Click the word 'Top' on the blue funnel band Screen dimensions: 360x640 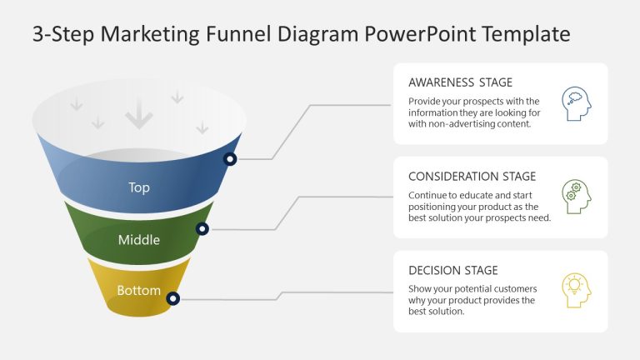click(139, 187)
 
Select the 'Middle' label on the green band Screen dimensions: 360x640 click(139, 240)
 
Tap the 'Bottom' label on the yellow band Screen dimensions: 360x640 click(139, 291)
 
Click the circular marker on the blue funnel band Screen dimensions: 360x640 click(230, 158)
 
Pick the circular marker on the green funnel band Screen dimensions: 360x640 click(202, 228)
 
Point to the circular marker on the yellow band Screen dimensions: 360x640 click(172, 297)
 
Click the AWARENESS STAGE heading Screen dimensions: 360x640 click(460, 82)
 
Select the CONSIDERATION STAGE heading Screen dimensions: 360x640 click(472, 177)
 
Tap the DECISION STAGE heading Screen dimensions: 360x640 click(452, 270)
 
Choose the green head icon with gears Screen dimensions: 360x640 click(576, 196)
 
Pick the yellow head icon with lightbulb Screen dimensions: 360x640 click(576, 290)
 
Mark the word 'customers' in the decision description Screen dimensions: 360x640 click(511, 289)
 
